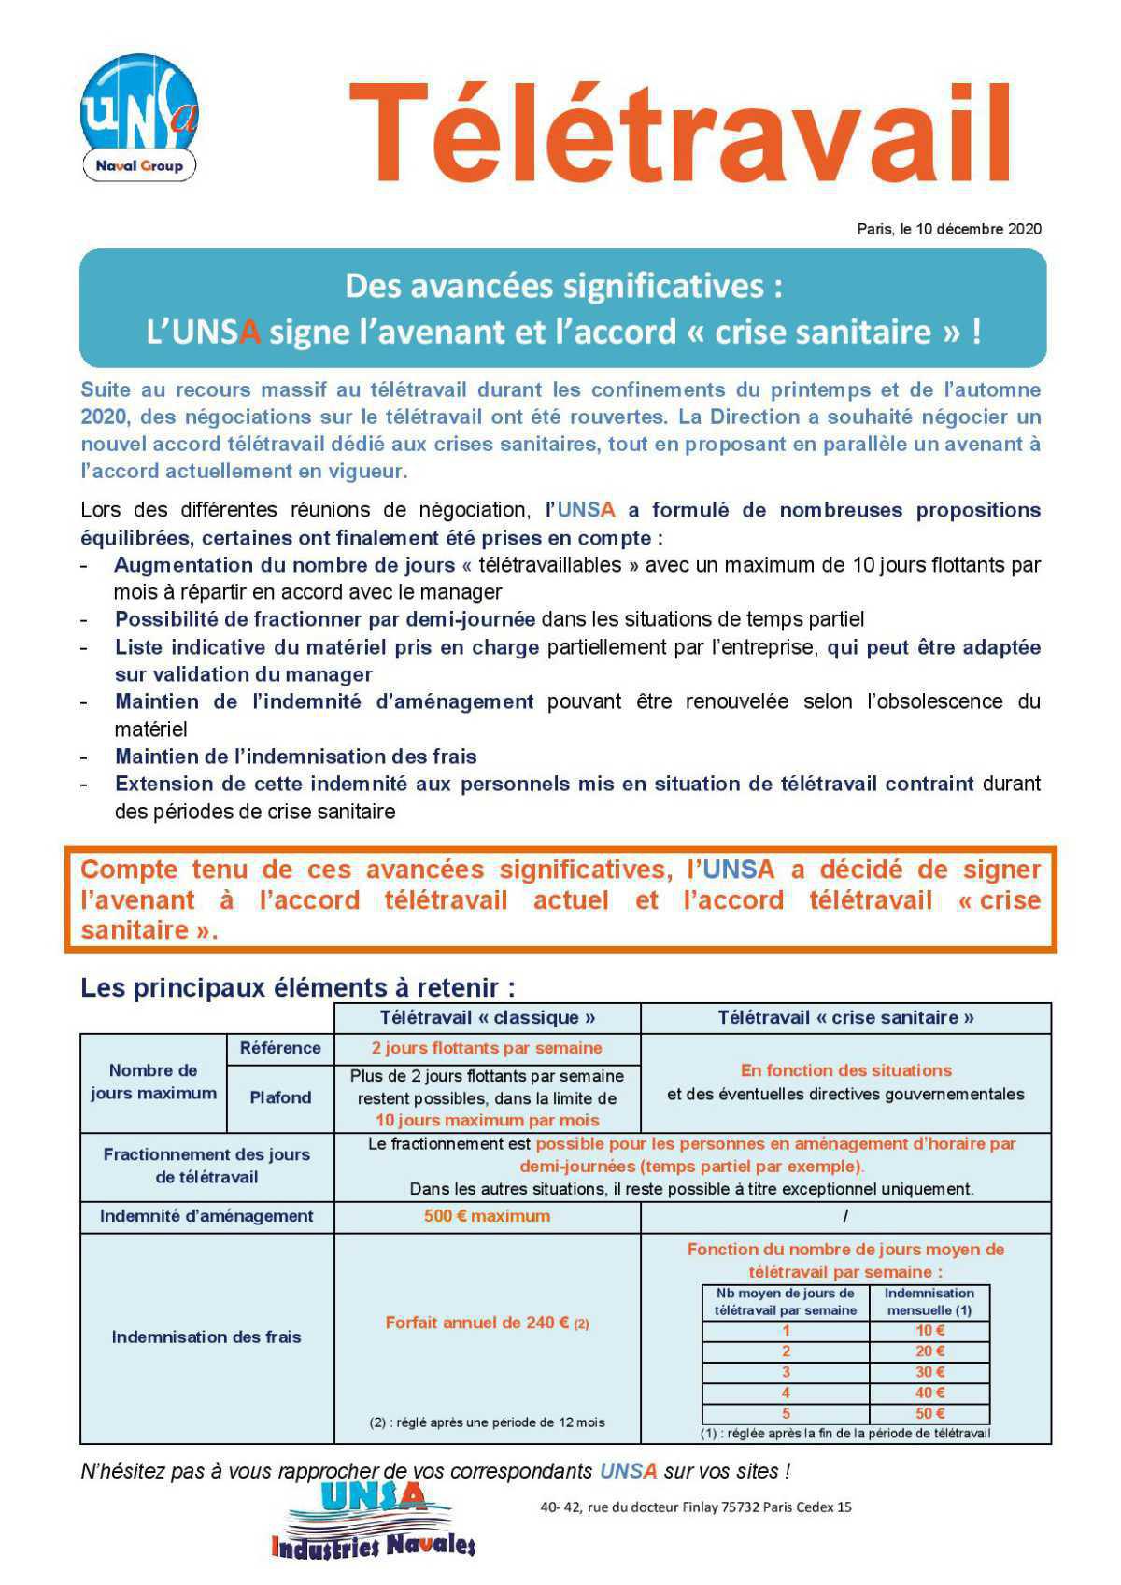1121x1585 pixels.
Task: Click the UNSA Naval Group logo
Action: pos(139,118)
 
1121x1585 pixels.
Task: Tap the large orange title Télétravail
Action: pos(679,133)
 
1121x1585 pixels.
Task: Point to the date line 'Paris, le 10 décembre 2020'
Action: pos(948,229)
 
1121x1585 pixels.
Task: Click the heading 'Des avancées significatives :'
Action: pos(563,286)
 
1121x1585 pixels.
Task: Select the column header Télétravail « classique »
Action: pos(487,1017)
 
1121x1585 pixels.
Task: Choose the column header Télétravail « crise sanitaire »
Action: pos(845,1017)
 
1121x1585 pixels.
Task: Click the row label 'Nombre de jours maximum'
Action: pos(153,1082)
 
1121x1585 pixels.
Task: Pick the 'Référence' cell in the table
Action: pos(280,1048)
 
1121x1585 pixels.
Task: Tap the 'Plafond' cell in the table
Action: pos(280,1097)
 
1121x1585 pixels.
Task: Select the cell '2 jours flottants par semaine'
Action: pos(487,1048)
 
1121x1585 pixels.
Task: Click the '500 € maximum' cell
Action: pos(487,1216)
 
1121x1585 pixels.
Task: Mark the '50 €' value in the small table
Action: pos(929,1413)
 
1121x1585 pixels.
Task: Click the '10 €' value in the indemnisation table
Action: pos(929,1330)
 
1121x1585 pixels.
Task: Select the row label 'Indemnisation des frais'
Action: pos(206,1337)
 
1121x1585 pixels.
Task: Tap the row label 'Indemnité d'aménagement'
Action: pos(206,1216)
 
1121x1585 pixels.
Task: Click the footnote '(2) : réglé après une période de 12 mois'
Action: pos(487,1422)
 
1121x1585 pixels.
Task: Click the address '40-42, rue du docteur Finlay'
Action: pos(695,1507)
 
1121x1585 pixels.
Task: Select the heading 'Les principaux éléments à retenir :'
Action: pos(298,987)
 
